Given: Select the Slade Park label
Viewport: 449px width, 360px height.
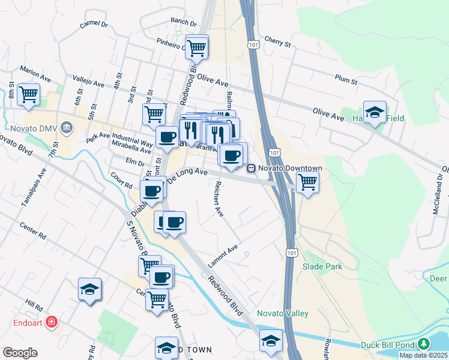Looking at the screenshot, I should point(322,266).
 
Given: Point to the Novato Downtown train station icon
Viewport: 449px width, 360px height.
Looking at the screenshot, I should point(252,169).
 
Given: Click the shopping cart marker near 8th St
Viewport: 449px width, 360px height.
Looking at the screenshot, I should point(28,95).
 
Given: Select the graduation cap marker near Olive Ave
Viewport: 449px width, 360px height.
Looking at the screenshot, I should point(375,112).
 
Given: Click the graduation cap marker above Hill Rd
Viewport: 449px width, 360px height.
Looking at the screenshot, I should point(89,289).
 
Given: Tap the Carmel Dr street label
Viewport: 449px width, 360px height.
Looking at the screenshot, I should point(94,25).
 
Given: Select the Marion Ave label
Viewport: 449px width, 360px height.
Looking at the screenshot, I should point(35,74).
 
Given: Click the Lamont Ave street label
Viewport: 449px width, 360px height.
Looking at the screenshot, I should point(223,256).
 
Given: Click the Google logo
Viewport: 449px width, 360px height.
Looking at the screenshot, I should point(19,352).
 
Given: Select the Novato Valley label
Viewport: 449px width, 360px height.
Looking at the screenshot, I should point(282,313).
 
